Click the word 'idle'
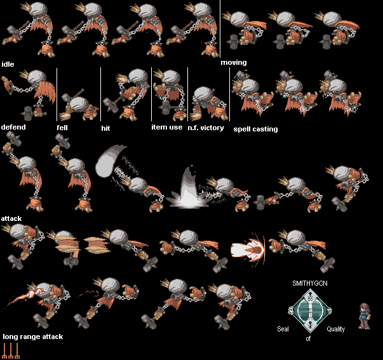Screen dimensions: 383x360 8,64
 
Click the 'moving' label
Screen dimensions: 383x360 234,62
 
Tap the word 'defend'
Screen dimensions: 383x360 13,127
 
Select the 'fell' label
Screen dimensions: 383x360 62,128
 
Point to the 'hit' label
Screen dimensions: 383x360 105,128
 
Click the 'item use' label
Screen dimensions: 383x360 167,127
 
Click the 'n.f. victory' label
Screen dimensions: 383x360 206,128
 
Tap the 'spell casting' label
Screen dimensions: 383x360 255,129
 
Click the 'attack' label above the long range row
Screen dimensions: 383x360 11,218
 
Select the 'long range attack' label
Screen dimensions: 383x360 33,337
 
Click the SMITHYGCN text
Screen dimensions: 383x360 310,283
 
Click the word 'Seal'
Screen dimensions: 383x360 283,329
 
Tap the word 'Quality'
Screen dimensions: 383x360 335,330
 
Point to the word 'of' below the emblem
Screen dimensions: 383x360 308,338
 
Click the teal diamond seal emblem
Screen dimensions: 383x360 310,311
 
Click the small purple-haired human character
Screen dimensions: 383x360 364,316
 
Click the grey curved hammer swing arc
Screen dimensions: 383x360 111,161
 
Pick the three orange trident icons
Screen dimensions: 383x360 11,350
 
